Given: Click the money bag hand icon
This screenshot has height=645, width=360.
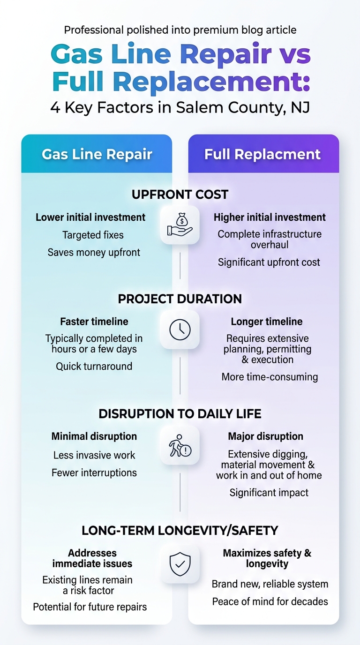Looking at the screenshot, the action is (x=180, y=225).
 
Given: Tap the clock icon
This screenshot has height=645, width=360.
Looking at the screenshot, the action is (x=180, y=330).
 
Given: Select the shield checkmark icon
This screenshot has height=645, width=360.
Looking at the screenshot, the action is (x=180, y=564).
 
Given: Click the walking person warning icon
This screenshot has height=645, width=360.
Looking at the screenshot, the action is (x=180, y=445).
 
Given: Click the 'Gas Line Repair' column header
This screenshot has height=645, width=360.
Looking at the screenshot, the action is (x=97, y=154).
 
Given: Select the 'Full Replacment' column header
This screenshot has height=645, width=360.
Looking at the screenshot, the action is (x=262, y=154).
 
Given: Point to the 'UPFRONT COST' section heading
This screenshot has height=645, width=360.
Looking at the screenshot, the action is (x=180, y=195).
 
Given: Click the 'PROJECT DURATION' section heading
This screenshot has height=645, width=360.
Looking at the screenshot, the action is (x=180, y=299).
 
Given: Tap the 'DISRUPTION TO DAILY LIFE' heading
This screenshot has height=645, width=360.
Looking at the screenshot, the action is (x=180, y=414).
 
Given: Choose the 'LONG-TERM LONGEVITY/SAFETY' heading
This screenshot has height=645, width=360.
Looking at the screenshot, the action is (x=180, y=531).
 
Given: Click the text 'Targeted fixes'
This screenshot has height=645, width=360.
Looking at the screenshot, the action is (x=93, y=235).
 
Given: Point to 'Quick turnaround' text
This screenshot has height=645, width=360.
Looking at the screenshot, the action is (x=94, y=366).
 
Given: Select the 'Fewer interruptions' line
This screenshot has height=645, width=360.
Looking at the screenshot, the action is (x=94, y=473).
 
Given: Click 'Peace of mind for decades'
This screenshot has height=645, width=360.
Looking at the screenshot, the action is (x=270, y=601).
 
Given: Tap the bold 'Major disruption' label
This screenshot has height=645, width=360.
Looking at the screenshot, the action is (x=265, y=436).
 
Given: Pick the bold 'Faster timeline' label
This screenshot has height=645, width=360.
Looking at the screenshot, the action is (x=94, y=322).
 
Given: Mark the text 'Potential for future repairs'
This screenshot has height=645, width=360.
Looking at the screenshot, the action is (x=90, y=607).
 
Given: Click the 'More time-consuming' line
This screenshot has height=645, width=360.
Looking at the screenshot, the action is (x=270, y=377).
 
